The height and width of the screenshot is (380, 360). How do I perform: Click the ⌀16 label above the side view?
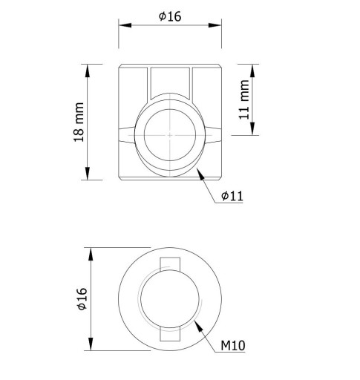(170, 16)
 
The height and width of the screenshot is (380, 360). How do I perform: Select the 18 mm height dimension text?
(79, 122)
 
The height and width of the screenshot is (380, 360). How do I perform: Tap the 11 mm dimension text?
(244, 99)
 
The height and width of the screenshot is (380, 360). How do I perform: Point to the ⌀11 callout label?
(232, 196)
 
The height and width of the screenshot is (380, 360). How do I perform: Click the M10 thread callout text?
(233, 345)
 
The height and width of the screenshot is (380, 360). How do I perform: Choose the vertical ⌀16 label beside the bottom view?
(82, 298)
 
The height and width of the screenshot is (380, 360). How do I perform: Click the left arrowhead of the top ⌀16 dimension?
(125, 25)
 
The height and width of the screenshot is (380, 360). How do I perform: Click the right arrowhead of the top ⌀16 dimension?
(215, 25)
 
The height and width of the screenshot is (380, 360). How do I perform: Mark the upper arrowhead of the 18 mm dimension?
(88, 71)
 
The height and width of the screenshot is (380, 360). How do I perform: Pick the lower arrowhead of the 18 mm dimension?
(88, 174)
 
